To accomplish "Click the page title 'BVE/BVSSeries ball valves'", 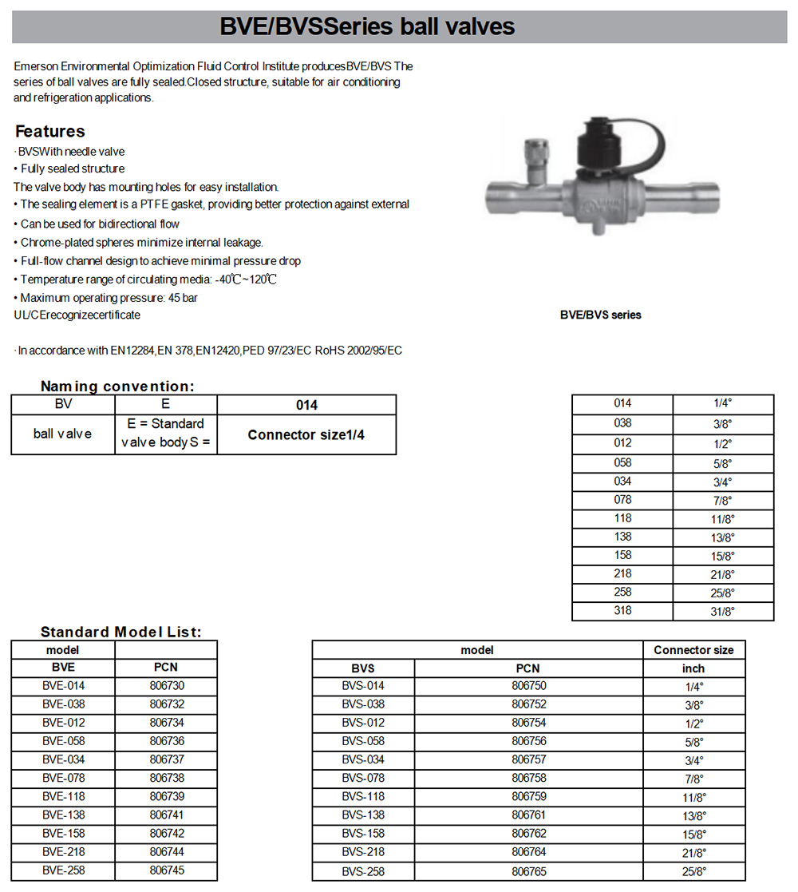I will coord(368,27).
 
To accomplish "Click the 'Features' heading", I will coord(49,132).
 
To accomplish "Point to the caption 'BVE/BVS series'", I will coord(600,315).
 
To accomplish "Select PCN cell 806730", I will coord(166,686).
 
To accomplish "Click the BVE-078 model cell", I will coord(63,778).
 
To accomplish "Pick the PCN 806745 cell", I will coord(166,870).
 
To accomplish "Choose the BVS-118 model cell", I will coord(363,796).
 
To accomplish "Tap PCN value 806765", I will coord(527,870).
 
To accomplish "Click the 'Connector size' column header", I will coord(693,650).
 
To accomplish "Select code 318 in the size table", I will coord(622,610).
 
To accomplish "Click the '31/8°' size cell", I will coord(723,612).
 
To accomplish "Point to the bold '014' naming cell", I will coord(306,405).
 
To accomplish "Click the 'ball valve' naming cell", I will coord(62,434).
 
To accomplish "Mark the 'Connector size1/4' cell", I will coord(306,434).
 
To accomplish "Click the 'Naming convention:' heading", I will coord(117,387).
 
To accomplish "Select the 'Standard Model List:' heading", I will coord(120,632).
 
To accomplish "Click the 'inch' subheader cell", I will coord(693,668).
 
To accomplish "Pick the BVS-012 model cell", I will coord(363,723).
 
